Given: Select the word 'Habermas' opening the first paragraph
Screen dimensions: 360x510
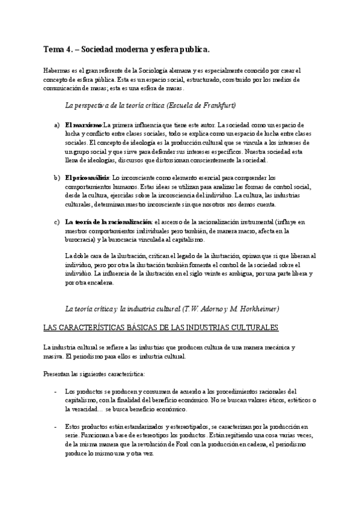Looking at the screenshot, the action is click(58, 71).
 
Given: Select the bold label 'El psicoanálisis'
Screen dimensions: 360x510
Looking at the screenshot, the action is click(87, 177).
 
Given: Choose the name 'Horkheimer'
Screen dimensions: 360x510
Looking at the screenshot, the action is click(257, 309).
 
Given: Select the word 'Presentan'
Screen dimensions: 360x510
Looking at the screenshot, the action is click(56, 374).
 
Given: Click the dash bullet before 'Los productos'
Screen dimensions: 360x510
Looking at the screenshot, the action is click(55, 392).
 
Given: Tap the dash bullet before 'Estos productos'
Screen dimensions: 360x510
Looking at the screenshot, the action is click(55, 427).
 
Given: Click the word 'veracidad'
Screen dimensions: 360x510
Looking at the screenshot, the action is click(82, 409).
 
